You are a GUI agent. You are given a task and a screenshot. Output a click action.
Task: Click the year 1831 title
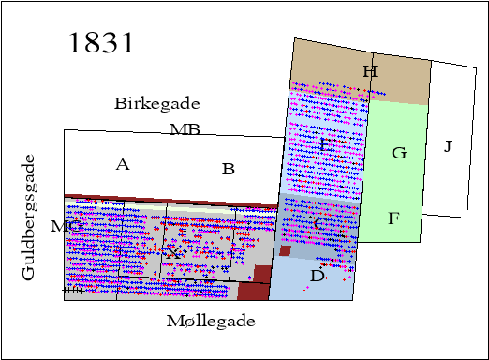(x=102, y=44)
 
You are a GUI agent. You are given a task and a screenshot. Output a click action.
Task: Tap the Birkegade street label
(x=156, y=103)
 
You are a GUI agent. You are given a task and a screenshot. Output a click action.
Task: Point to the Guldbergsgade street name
(x=29, y=217)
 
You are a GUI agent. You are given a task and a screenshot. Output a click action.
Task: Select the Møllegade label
(x=210, y=322)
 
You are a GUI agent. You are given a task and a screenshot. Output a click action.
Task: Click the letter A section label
(x=122, y=165)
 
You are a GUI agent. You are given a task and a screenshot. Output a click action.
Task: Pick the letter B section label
(x=228, y=170)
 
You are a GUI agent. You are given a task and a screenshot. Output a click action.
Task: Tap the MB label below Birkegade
(x=185, y=129)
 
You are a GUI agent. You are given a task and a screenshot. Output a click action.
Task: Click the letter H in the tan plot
(x=369, y=72)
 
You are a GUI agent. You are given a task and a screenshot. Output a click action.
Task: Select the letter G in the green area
(x=398, y=153)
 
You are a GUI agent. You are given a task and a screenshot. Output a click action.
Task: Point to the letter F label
(x=393, y=219)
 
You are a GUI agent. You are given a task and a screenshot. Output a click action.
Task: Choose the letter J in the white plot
(x=448, y=146)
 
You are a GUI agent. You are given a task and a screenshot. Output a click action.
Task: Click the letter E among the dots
(x=324, y=145)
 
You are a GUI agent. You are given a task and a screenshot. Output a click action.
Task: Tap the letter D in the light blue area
(x=317, y=276)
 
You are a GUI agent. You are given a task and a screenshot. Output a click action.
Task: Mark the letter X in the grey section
(x=172, y=253)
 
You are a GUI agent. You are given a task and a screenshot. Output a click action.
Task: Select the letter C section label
(x=319, y=223)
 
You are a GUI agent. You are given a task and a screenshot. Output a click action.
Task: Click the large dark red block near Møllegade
(x=254, y=283)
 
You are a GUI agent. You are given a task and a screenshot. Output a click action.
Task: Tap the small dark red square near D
(x=286, y=250)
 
